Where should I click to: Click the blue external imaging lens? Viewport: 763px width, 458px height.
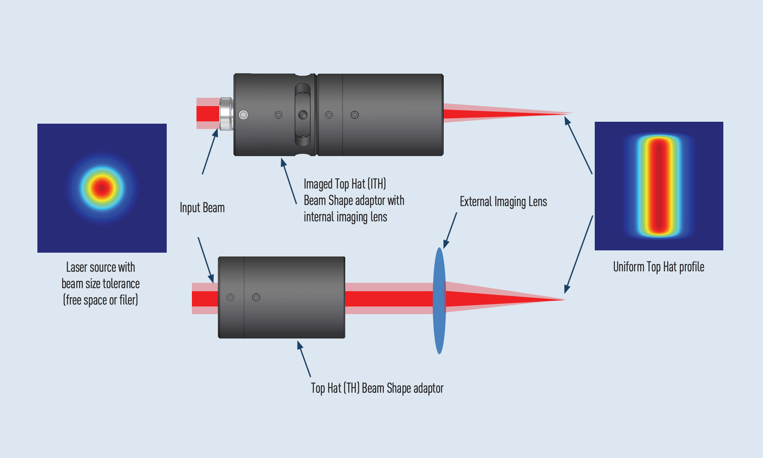[x=439, y=301]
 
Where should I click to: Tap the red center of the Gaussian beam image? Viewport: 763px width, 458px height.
[x=102, y=188]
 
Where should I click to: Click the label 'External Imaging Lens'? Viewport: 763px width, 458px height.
[x=503, y=202]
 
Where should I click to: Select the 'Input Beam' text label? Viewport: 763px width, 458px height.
[x=202, y=208]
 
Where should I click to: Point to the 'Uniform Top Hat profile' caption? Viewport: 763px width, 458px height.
[x=658, y=267]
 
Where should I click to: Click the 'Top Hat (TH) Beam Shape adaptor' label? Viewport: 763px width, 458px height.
[x=377, y=388]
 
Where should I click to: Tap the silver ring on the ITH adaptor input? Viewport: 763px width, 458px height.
[x=226, y=114]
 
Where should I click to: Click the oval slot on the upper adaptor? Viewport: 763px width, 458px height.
[x=303, y=114]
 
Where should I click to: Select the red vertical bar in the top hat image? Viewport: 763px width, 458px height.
[x=659, y=186]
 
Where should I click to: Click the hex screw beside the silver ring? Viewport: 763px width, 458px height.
[x=243, y=114]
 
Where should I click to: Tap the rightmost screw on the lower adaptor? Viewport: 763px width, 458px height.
[x=256, y=297]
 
